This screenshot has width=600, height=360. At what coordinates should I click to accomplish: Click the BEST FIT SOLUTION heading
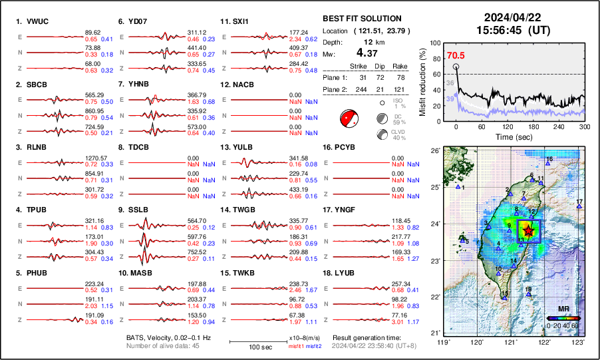361,19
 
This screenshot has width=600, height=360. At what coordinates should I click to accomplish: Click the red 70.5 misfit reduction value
456,56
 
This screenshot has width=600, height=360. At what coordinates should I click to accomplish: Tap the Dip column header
380,66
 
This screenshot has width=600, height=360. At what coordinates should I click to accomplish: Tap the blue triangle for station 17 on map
579,207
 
